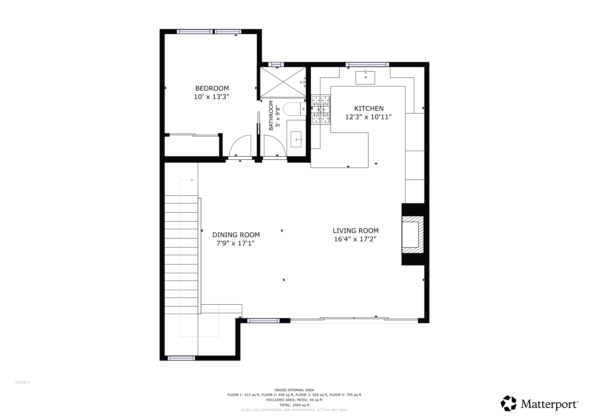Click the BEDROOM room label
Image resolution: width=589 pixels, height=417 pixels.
tap(212, 88)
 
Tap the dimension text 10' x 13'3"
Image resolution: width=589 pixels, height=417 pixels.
tap(211, 97)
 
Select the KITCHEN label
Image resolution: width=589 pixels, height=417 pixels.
tap(369, 108)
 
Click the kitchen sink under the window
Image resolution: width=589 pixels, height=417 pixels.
tap(365, 78)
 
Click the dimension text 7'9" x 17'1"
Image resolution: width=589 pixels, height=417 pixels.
tap(235, 243)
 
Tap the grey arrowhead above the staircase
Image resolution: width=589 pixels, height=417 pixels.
tap(192, 180)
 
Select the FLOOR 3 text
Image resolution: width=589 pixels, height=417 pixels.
tap(23, 382)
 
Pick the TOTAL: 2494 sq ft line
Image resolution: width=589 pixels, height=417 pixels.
tap(294, 405)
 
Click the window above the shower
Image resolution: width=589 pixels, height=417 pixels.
tap(276, 65)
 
